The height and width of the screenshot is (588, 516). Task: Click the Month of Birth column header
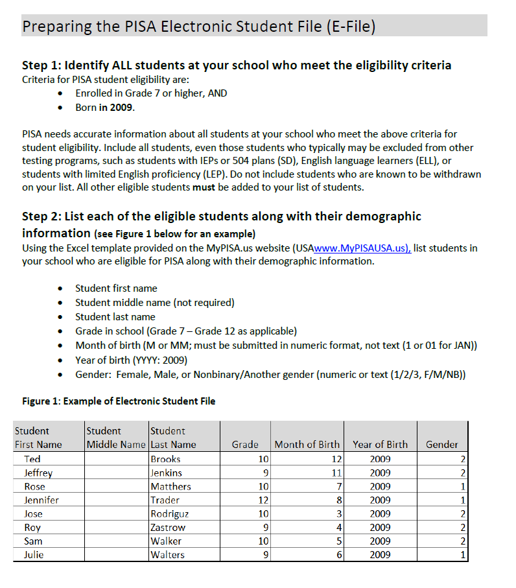pyautogui.click(x=307, y=444)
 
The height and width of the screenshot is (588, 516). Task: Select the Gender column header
pyautogui.click(x=441, y=444)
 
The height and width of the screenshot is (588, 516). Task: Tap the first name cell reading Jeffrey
pyautogui.click(x=38, y=473)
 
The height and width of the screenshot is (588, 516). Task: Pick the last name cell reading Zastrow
pyautogui.click(x=167, y=527)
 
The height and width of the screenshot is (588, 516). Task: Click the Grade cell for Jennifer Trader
pyautogui.click(x=245, y=500)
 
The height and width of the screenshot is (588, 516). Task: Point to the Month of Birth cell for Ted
pyautogui.click(x=307, y=459)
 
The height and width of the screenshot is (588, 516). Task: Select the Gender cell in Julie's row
pyautogui.click(x=441, y=554)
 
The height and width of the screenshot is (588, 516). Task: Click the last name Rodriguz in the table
pyautogui.click(x=169, y=513)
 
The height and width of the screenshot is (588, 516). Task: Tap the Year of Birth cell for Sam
pyautogui.click(x=380, y=541)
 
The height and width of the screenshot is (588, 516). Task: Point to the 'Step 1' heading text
pyautogui.click(x=237, y=65)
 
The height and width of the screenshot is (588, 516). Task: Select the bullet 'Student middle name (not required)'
pyautogui.click(x=155, y=302)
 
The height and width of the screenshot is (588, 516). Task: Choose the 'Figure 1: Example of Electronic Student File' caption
pyautogui.click(x=119, y=401)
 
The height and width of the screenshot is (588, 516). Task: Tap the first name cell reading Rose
pyautogui.click(x=34, y=486)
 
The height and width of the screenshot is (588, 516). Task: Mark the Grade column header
pyautogui.click(x=245, y=444)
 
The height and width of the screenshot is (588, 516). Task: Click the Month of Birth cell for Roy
pyautogui.click(x=307, y=527)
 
